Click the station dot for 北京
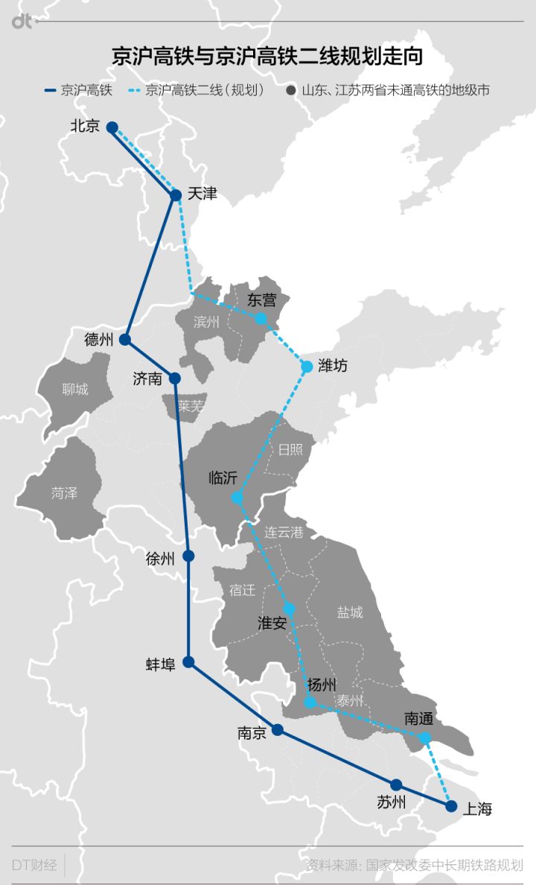point(112,127)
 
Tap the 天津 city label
point(202,194)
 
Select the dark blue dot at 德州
point(125,340)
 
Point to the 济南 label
point(147,378)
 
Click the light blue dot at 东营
point(261,319)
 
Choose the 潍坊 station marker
point(307,366)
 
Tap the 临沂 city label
point(223,478)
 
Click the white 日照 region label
point(290,449)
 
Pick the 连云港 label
point(284,532)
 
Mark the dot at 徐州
point(188,556)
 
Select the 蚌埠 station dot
point(188,662)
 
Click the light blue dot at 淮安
point(290,609)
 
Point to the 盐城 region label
point(350,612)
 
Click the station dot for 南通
point(424,737)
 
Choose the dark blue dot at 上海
point(451,805)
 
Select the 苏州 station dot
point(396,784)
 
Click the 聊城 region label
point(75,389)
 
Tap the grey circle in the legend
point(291,91)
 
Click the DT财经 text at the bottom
point(34,865)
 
